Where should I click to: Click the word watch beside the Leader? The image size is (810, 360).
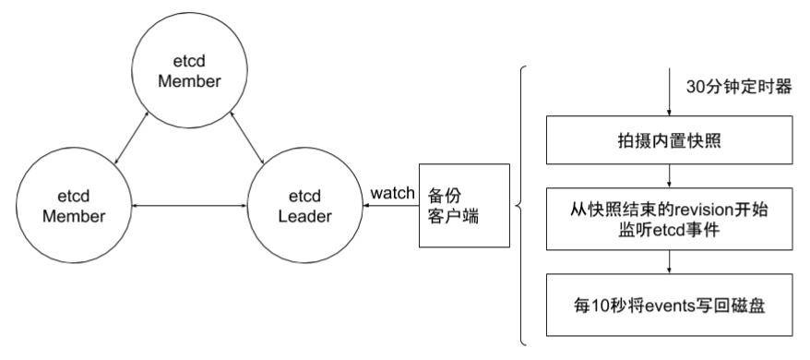(x=391, y=193)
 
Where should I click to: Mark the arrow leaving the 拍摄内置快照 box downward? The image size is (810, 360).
(x=668, y=175)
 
